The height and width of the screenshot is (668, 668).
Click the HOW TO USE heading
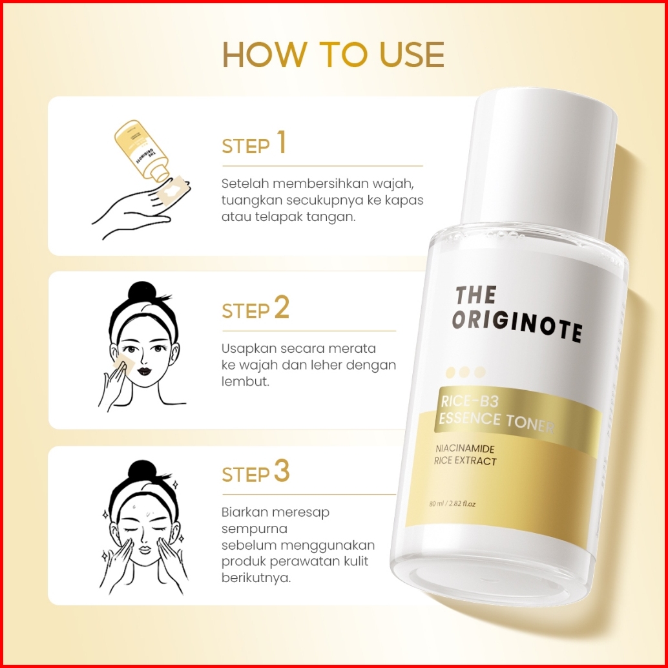pyautogui.click(x=333, y=55)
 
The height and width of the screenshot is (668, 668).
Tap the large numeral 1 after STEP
pyautogui.click(x=281, y=142)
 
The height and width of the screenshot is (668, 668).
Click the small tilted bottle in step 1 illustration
pyautogui.click(x=142, y=151)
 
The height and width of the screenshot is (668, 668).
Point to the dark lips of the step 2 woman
pyautogui.click(x=145, y=371)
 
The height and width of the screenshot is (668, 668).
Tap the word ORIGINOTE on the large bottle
pyautogui.click(x=517, y=326)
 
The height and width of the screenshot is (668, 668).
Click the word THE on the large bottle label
pyautogui.click(x=476, y=295)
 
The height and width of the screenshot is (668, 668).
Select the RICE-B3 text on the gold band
pyautogui.click(x=469, y=401)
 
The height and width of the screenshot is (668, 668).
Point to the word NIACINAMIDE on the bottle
pyautogui.click(x=464, y=448)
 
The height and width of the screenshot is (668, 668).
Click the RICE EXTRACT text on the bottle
pyautogui.click(x=465, y=461)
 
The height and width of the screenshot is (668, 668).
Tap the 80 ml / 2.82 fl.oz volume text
pyautogui.click(x=452, y=503)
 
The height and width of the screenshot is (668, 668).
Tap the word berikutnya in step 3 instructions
pyautogui.click(x=256, y=578)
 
